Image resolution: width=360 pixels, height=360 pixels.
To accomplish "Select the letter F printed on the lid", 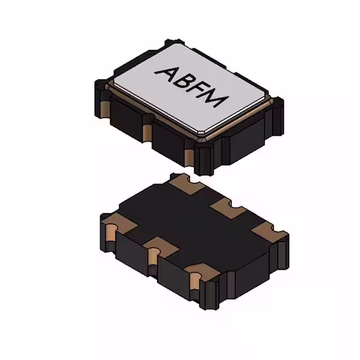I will (x=201, y=91).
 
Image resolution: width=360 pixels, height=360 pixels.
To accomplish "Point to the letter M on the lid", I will (x=217, y=101).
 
